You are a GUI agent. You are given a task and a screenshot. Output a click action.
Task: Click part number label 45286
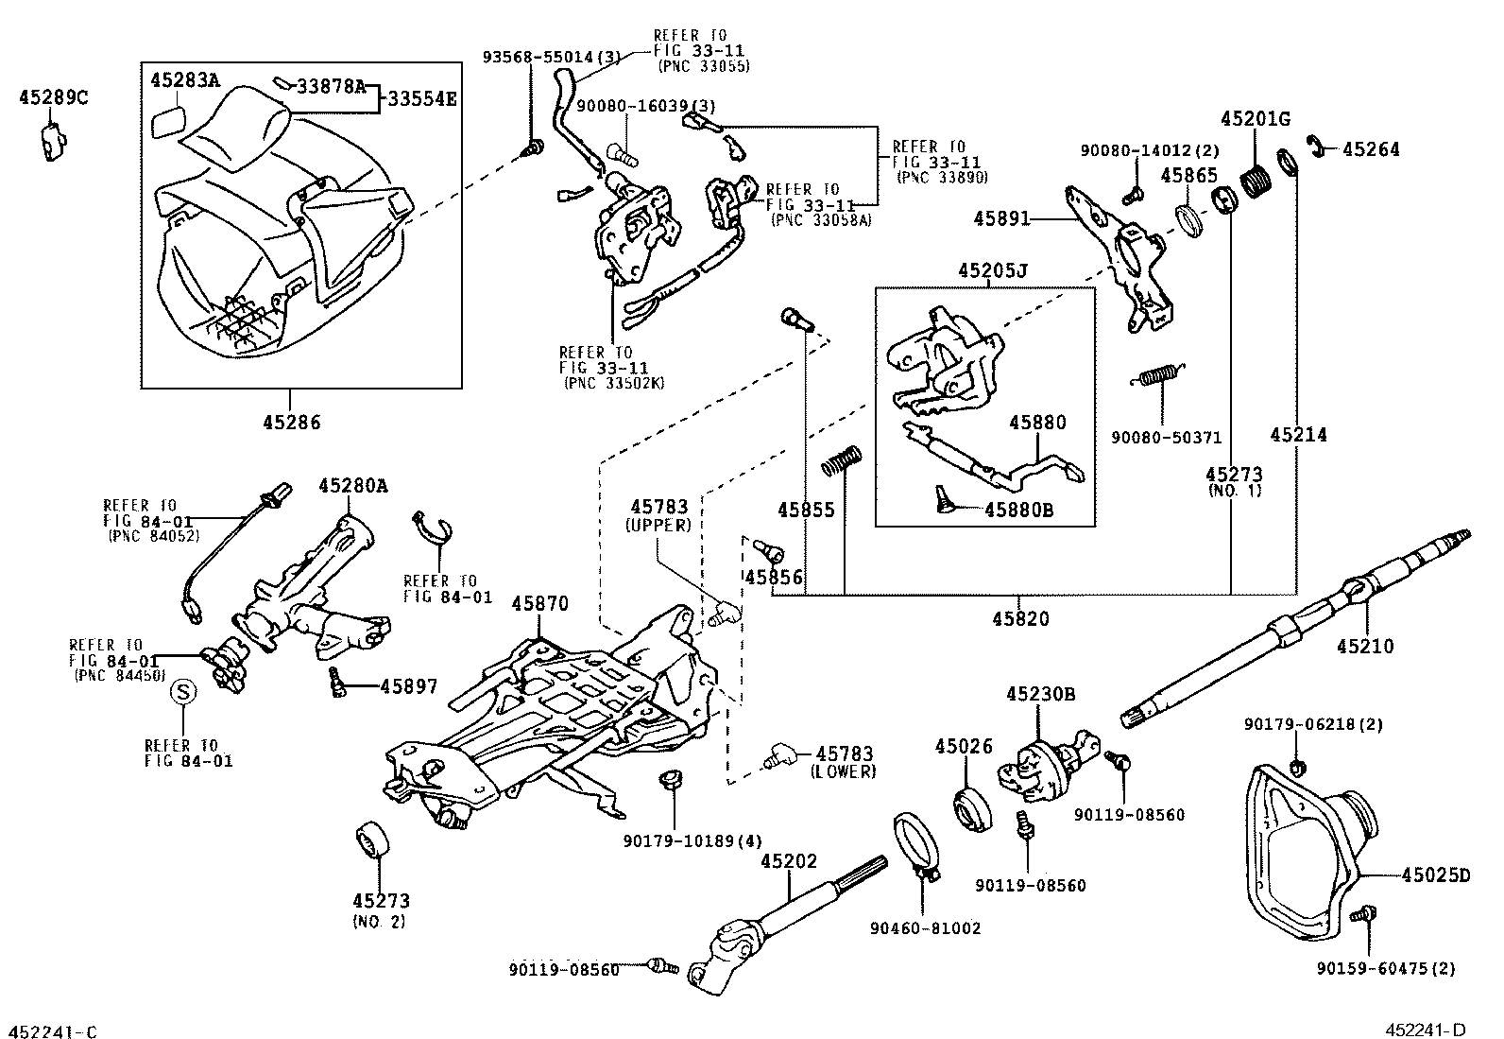tap(292, 423)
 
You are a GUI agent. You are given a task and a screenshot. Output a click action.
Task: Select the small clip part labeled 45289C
tap(53, 140)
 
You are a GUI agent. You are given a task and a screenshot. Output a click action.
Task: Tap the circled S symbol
tap(181, 694)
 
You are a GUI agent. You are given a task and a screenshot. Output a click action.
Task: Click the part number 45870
tap(538, 603)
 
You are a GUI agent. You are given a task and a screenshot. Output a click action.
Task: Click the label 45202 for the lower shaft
tap(789, 861)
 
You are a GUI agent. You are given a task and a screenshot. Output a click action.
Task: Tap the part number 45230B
tap(1040, 694)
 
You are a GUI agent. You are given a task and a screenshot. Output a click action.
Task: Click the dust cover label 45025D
tap(1435, 876)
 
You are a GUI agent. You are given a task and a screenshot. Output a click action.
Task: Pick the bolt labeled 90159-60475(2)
tap(1362, 915)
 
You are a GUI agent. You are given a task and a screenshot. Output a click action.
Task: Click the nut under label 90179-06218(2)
tap(1296, 764)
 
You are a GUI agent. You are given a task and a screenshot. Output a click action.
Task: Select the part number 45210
tap(1365, 647)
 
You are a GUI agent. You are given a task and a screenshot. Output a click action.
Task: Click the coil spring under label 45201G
tap(1256, 176)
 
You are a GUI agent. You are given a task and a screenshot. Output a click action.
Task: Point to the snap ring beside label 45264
tap(1314, 146)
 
